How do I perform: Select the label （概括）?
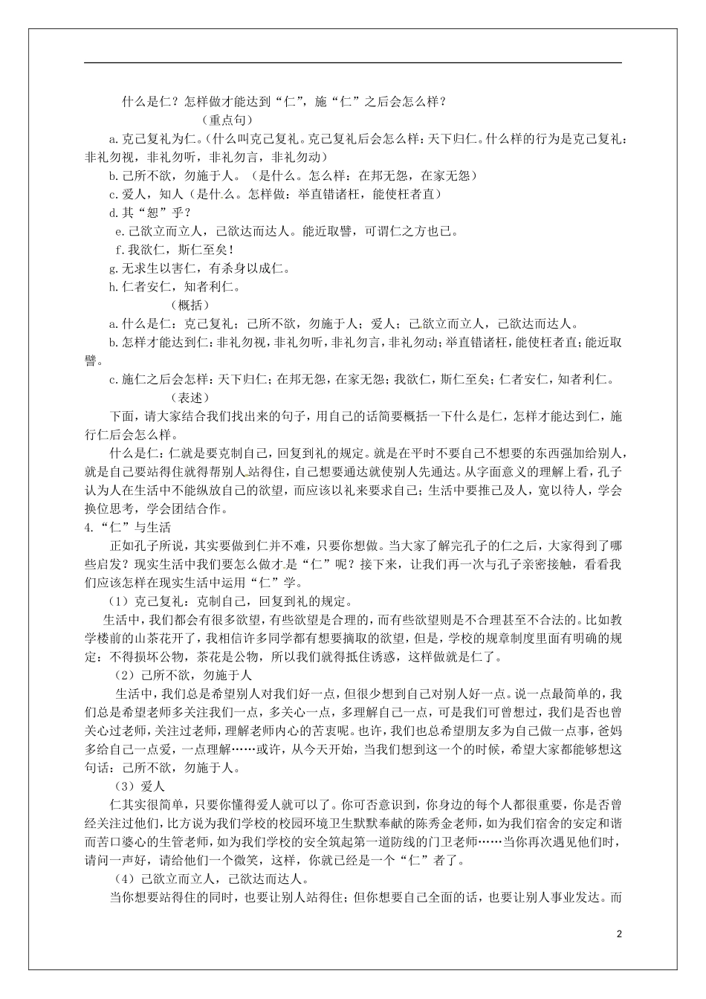190,305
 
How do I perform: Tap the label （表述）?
190,398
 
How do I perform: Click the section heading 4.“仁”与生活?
129,528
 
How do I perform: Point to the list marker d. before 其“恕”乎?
114,213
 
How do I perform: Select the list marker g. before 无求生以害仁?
114,268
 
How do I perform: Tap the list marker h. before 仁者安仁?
114,287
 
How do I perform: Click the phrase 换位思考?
112,509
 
